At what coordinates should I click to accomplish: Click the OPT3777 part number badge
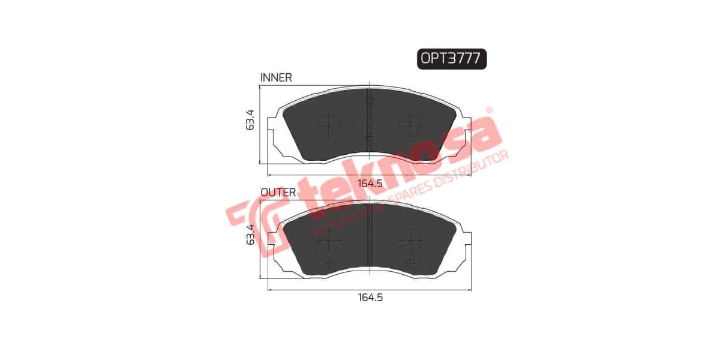point(451,58)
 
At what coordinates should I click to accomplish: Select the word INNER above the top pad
point(276,77)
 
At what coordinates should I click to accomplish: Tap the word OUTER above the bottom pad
point(278,193)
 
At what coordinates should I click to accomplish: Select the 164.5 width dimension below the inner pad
point(370,184)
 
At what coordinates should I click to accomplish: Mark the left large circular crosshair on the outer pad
point(328,241)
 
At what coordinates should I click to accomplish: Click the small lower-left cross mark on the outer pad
point(328,263)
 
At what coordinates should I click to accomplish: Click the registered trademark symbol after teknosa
point(489,110)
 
